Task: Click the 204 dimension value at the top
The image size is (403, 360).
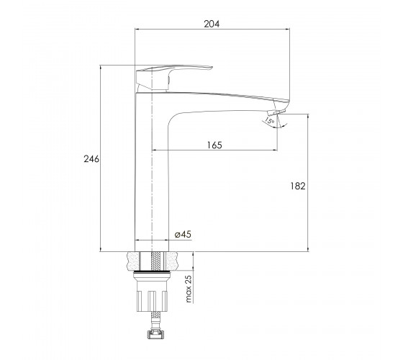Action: (212, 24)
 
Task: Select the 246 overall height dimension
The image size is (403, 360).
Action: (91, 159)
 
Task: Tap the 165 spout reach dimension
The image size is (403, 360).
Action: (214, 145)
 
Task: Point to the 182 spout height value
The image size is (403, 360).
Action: (298, 186)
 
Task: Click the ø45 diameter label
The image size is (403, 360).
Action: (183, 234)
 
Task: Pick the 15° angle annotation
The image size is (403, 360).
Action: (269, 120)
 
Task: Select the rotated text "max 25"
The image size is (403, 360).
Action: (189, 289)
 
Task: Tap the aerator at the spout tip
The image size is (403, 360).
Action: (276, 112)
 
